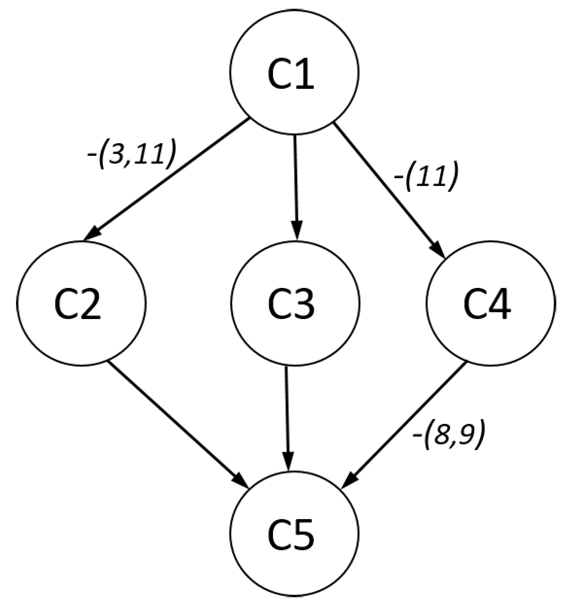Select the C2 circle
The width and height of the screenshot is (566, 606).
pyautogui.click(x=81, y=302)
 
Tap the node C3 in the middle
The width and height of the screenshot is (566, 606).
pyautogui.click(x=295, y=302)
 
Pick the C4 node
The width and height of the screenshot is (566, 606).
pyautogui.click(x=490, y=302)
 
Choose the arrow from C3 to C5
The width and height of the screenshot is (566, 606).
pyautogui.click(x=288, y=418)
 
